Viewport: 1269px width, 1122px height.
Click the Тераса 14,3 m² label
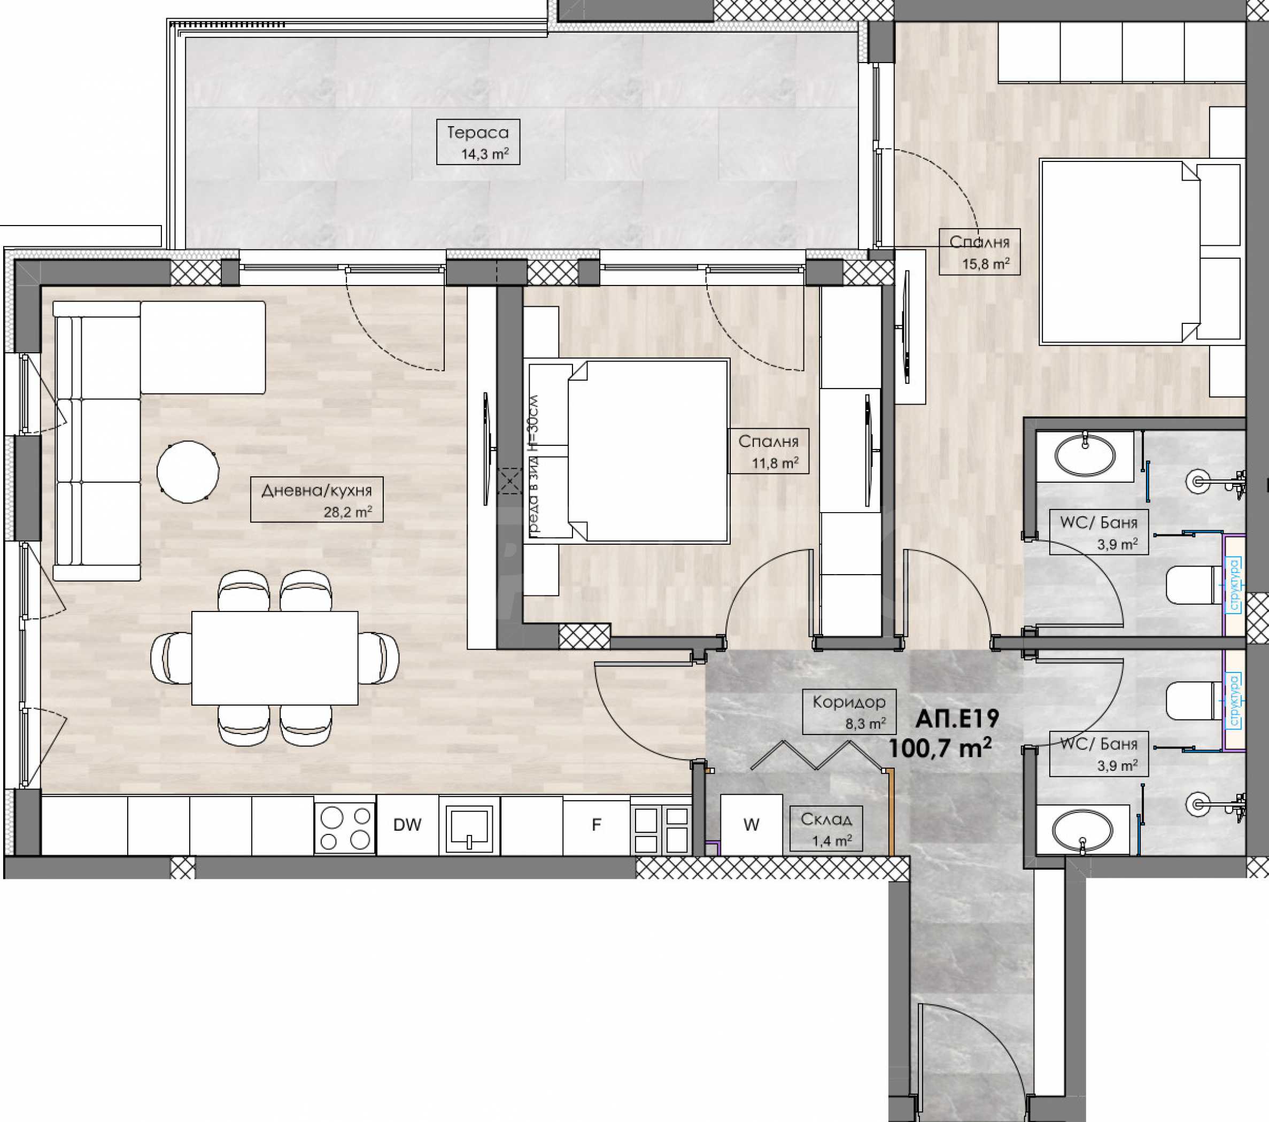[x=478, y=142]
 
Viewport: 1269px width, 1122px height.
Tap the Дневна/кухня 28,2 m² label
[x=316, y=500]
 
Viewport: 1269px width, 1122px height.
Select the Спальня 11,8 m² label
[x=768, y=451]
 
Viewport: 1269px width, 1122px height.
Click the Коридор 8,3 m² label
[x=849, y=711]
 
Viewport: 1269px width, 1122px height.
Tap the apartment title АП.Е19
[x=957, y=718]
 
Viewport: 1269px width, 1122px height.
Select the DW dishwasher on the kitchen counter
[x=407, y=825]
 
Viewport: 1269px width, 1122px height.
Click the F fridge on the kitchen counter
[x=596, y=825]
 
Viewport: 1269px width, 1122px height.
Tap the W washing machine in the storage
[x=751, y=825]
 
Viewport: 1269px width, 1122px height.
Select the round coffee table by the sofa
[x=188, y=472]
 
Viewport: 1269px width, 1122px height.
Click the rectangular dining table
[x=274, y=657]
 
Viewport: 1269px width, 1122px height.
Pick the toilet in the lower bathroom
[x=1193, y=700]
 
